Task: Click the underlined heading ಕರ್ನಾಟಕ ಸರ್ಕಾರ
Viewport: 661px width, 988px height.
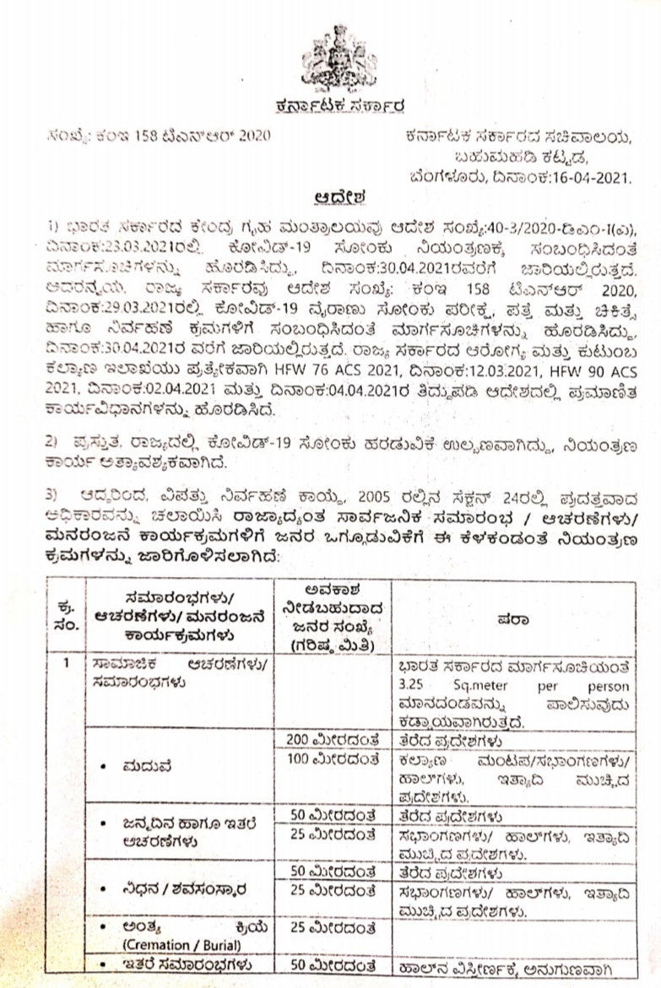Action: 332,106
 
